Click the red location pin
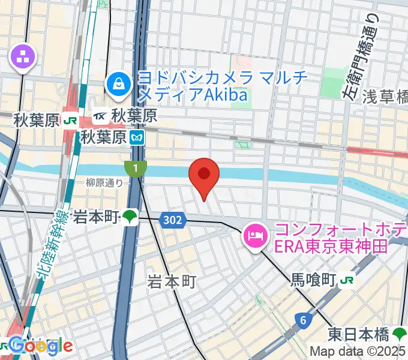click(x=204, y=175)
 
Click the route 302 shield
click(x=172, y=221)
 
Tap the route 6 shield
click(x=304, y=320)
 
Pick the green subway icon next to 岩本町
click(x=130, y=217)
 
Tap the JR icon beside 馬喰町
click(x=346, y=280)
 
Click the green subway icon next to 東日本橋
click(x=401, y=333)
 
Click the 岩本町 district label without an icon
click(x=172, y=281)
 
